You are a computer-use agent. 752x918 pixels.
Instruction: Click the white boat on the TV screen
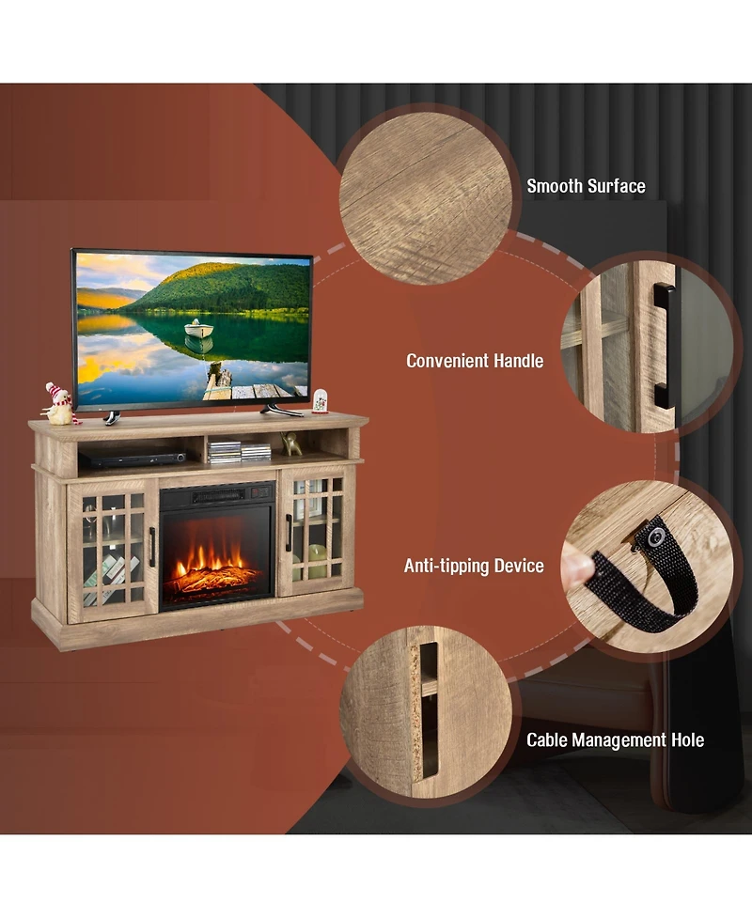[x=197, y=329]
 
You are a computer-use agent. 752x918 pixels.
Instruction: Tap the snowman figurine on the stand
[x=59, y=403]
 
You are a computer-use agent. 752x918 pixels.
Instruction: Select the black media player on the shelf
[x=133, y=459]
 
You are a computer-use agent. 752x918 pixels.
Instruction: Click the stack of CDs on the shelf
[x=227, y=451]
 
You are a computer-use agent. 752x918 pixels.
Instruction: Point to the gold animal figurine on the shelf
[x=292, y=443]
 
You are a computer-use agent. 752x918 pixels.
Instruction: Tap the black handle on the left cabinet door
[x=152, y=547]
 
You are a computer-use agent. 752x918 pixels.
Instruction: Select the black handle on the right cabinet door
[x=289, y=532]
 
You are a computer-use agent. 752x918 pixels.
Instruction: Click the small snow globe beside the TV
[x=320, y=401]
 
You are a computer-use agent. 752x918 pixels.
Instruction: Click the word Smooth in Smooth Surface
[x=555, y=186]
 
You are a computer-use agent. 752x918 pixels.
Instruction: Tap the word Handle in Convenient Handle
[x=519, y=360]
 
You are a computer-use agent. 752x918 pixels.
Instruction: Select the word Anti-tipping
[x=446, y=566]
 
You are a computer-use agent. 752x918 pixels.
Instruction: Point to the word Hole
[x=685, y=740]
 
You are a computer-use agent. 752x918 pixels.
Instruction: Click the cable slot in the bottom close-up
[x=429, y=709]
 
